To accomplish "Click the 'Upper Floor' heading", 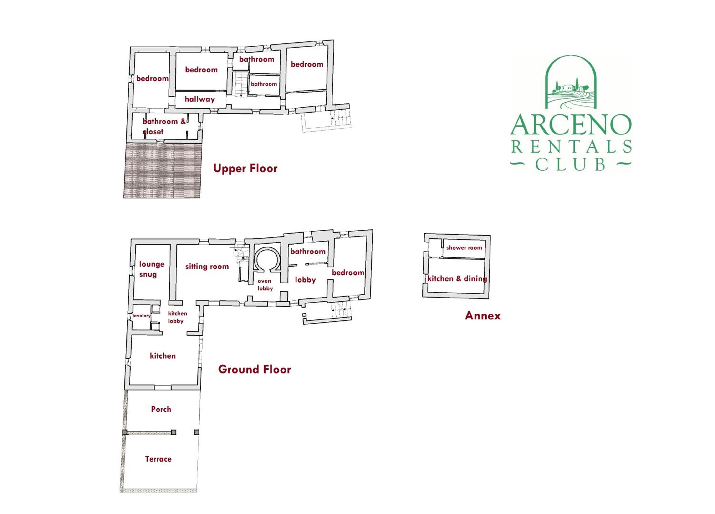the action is point(245,168).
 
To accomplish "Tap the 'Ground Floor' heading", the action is point(254,369).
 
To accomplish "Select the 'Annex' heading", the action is point(483,316).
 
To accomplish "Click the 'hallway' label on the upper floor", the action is point(199,99).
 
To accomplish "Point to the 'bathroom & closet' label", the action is point(164,126).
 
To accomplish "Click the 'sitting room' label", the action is point(207,267).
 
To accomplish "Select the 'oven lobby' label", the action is point(265,284).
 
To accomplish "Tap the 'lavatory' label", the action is point(141,316).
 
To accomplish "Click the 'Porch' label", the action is point(161,409).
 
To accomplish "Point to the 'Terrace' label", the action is point(158,459).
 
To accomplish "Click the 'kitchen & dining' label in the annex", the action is point(457,279).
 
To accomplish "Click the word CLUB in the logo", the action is point(570,164).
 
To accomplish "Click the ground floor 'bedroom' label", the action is point(348,273).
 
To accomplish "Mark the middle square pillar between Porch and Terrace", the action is point(173,432).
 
